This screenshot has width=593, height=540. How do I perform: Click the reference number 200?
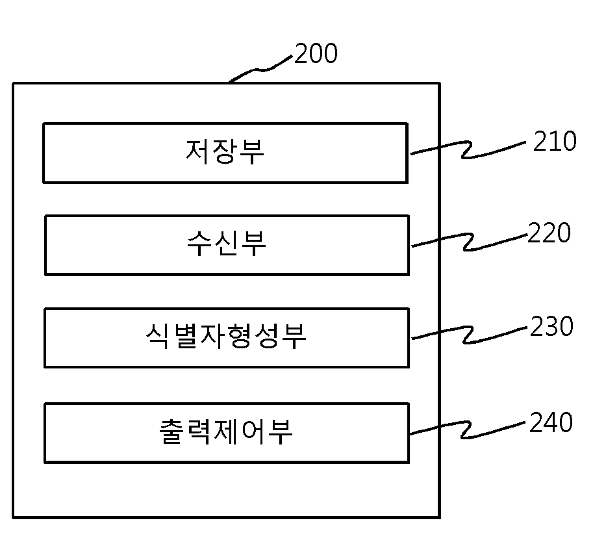tap(316, 53)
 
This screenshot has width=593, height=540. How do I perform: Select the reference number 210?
tap(555, 141)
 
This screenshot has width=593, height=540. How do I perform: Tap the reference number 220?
tap(549, 233)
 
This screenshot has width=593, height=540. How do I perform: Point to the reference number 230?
tap(551, 326)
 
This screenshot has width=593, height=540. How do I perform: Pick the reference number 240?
tap(551, 422)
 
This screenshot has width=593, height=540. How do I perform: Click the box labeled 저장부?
tap(225, 153)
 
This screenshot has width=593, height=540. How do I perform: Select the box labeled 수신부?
tap(227, 245)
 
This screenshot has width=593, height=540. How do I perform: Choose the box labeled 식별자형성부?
tap(227, 337)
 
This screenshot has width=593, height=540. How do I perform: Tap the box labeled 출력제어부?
tap(227, 433)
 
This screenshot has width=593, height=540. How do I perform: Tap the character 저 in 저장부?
tap(197, 152)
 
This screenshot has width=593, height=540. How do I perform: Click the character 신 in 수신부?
tap(227, 244)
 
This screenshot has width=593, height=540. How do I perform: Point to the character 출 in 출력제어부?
tap(171, 431)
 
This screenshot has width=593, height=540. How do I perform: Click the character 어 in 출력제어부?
tap(253, 431)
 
